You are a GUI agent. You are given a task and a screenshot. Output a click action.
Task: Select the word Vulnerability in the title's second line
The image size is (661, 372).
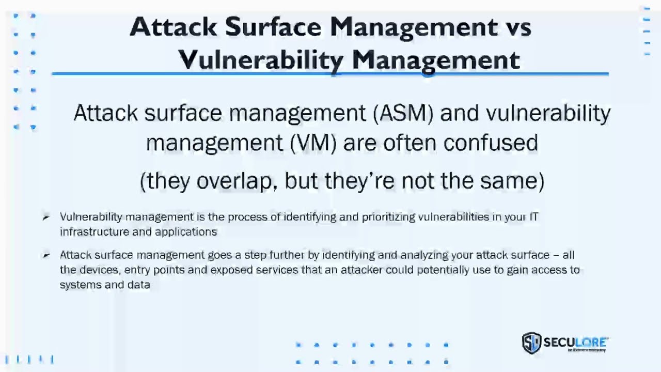coord(261,60)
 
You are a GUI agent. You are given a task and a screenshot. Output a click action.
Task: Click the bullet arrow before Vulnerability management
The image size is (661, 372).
coord(46,218)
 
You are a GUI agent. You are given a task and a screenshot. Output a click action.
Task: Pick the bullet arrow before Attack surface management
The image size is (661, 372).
coord(46,255)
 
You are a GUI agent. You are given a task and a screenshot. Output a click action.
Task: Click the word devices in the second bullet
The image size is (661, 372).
coord(98,270)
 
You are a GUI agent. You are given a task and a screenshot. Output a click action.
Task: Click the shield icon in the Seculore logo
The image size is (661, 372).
coord(531,343)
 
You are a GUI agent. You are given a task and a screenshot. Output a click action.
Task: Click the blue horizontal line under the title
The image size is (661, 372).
coord(330,74)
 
